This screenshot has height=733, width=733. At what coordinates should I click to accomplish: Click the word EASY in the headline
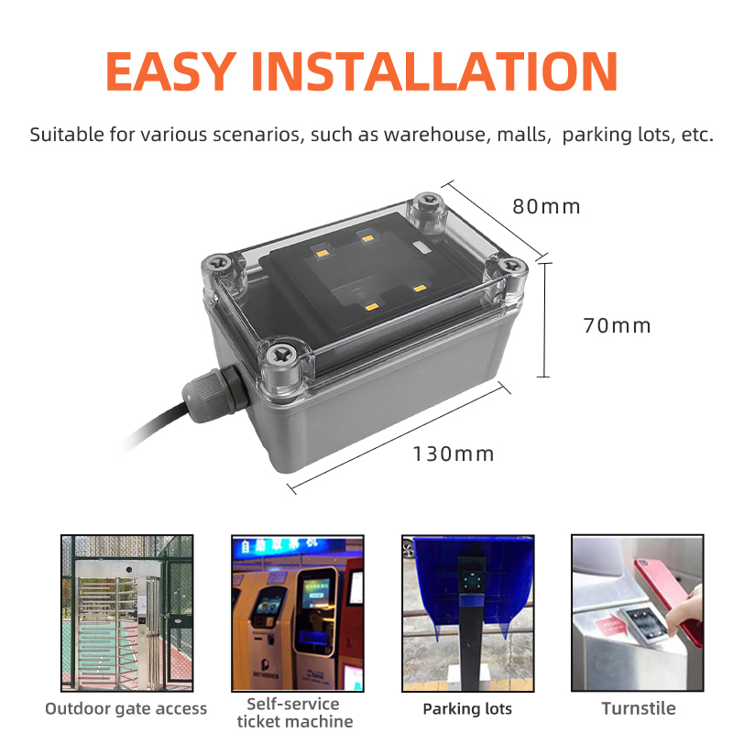tap(171, 71)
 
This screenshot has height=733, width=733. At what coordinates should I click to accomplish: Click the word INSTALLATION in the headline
tap(434, 71)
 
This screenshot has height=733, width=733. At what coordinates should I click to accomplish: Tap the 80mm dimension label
tap(546, 207)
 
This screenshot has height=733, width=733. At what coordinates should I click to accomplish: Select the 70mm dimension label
tap(617, 326)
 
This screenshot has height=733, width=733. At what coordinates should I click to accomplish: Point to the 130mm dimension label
tap(453, 454)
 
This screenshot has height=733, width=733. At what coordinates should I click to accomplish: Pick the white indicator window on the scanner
tap(422, 246)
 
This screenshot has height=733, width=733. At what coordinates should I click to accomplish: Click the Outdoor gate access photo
tap(126, 613)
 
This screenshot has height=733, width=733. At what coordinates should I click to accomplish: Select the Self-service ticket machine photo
tap(298, 613)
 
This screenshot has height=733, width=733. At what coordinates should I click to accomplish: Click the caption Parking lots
tap(467, 708)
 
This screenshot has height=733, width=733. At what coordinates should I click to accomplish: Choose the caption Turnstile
tap(639, 708)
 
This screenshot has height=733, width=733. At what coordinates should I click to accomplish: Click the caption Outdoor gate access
tap(126, 708)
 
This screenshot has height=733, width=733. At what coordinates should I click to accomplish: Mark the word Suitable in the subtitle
tap(67, 135)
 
